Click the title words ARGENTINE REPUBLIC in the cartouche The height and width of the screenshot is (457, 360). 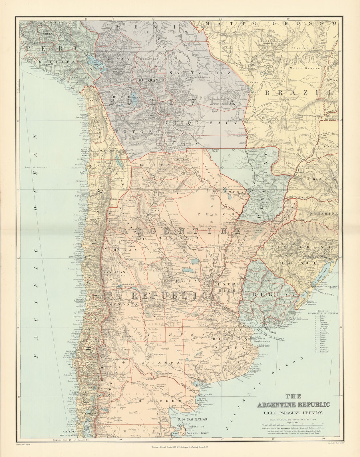pyautogui.click(x=294, y=405)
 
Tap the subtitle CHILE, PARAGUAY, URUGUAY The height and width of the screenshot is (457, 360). pyautogui.click(x=294, y=412)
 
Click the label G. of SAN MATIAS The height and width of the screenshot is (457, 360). pyautogui.click(x=187, y=419)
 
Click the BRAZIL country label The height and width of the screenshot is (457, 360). pyautogui.click(x=299, y=92)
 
